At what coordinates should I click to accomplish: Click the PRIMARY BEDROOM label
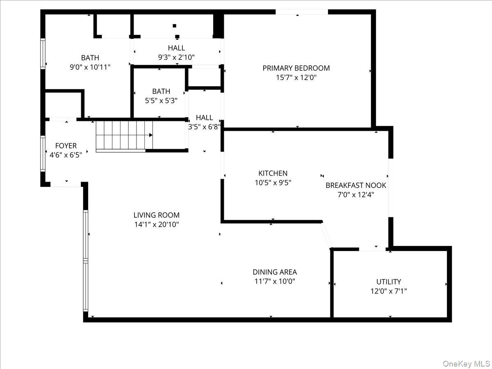(296, 68)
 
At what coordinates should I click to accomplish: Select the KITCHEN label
(273, 173)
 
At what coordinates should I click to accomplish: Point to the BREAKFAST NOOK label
(355, 185)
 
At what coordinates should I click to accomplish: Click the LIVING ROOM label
(156, 215)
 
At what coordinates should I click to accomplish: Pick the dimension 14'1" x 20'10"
(156, 224)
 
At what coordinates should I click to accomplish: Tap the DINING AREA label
(274, 272)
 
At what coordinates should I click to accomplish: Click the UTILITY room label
(388, 282)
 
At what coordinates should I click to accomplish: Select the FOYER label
(66, 146)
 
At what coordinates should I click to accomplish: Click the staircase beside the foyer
(123, 135)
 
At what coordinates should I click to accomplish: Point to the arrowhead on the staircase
(151, 135)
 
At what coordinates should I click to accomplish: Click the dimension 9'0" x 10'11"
(90, 67)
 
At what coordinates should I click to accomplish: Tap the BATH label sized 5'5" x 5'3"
(161, 91)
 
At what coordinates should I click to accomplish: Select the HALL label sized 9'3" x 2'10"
(176, 48)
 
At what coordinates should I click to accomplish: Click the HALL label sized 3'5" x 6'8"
(204, 118)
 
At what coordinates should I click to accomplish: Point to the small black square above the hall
(175, 25)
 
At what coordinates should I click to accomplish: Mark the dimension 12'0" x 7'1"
(388, 291)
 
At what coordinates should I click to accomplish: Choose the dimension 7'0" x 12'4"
(355, 195)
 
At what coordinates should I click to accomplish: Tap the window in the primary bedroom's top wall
(301, 12)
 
